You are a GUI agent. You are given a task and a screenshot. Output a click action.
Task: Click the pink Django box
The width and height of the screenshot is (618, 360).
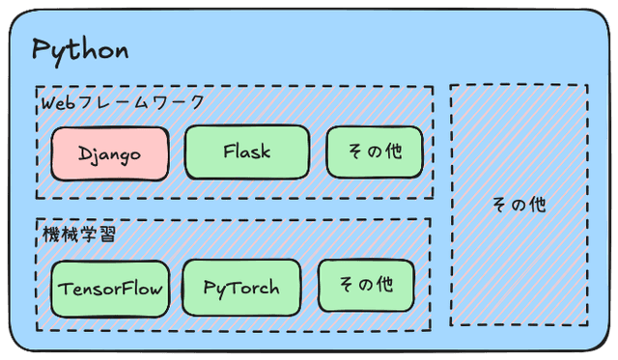(x=110, y=153)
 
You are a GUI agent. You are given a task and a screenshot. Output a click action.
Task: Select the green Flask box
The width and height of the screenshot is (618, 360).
(x=247, y=152)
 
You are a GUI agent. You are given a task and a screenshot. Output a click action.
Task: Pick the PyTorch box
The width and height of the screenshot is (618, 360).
(x=242, y=287)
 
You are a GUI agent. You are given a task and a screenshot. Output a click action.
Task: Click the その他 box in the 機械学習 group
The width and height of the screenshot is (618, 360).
(x=366, y=286)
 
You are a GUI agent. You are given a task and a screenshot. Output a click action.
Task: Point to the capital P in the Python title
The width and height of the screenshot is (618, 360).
(x=41, y=50)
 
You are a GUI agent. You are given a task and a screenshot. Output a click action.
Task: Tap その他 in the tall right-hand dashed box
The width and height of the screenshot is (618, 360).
(x=519, y=205)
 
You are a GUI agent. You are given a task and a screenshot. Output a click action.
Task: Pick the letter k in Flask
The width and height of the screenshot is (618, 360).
(x=266, y=152)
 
